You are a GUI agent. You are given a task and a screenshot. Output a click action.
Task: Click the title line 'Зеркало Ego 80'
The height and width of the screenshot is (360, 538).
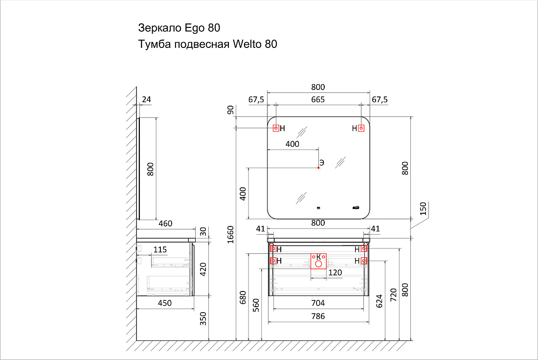click(x=179, y=28)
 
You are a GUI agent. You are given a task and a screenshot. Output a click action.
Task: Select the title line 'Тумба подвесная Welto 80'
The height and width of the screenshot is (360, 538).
click(x=207, y=45)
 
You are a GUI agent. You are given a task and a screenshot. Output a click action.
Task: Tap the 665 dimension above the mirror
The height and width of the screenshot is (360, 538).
click(x=318, y=99)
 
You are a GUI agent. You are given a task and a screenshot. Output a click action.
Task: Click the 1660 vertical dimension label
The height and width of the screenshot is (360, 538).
click(x=230, y=235)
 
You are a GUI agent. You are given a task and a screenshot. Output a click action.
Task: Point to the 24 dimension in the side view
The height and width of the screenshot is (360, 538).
click(x=147, y=99)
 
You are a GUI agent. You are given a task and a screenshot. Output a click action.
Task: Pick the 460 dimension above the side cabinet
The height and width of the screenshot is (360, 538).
click(x=165, y=224)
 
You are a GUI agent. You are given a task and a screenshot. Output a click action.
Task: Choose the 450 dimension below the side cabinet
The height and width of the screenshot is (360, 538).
click(x=165, y=303)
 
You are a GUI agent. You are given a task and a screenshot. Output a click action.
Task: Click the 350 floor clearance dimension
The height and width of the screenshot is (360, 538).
click(x=203, y=318)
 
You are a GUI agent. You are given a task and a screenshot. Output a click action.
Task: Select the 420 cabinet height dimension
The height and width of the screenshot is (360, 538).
click(x=203, y=270)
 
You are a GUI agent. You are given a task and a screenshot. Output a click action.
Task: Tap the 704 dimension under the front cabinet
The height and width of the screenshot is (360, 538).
click(x=318, y=303)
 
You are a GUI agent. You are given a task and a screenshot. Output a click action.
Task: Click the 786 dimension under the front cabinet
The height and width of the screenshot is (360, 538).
click(x=318, y=316)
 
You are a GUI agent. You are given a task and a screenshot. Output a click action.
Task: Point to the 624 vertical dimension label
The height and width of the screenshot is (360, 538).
click(x=379, y=301)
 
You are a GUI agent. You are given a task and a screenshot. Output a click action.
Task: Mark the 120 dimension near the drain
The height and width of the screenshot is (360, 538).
click(x=335, y=272)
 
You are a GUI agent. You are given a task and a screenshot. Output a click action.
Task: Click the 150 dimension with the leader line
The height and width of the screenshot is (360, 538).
click(x=423, y=209)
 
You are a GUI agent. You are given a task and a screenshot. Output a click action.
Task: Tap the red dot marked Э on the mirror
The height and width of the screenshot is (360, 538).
click(x=318, y=168)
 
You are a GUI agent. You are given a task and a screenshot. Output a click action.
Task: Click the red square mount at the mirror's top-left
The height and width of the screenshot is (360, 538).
click(x=276, y=128)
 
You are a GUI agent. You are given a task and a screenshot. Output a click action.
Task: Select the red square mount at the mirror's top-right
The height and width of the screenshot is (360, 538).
click(x=361, y=128)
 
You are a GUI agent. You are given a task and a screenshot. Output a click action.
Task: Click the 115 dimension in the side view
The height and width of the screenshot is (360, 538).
click(x=160, y=250)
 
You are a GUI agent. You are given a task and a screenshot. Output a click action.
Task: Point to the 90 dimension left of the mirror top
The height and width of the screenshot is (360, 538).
click(x=230, y=110)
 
